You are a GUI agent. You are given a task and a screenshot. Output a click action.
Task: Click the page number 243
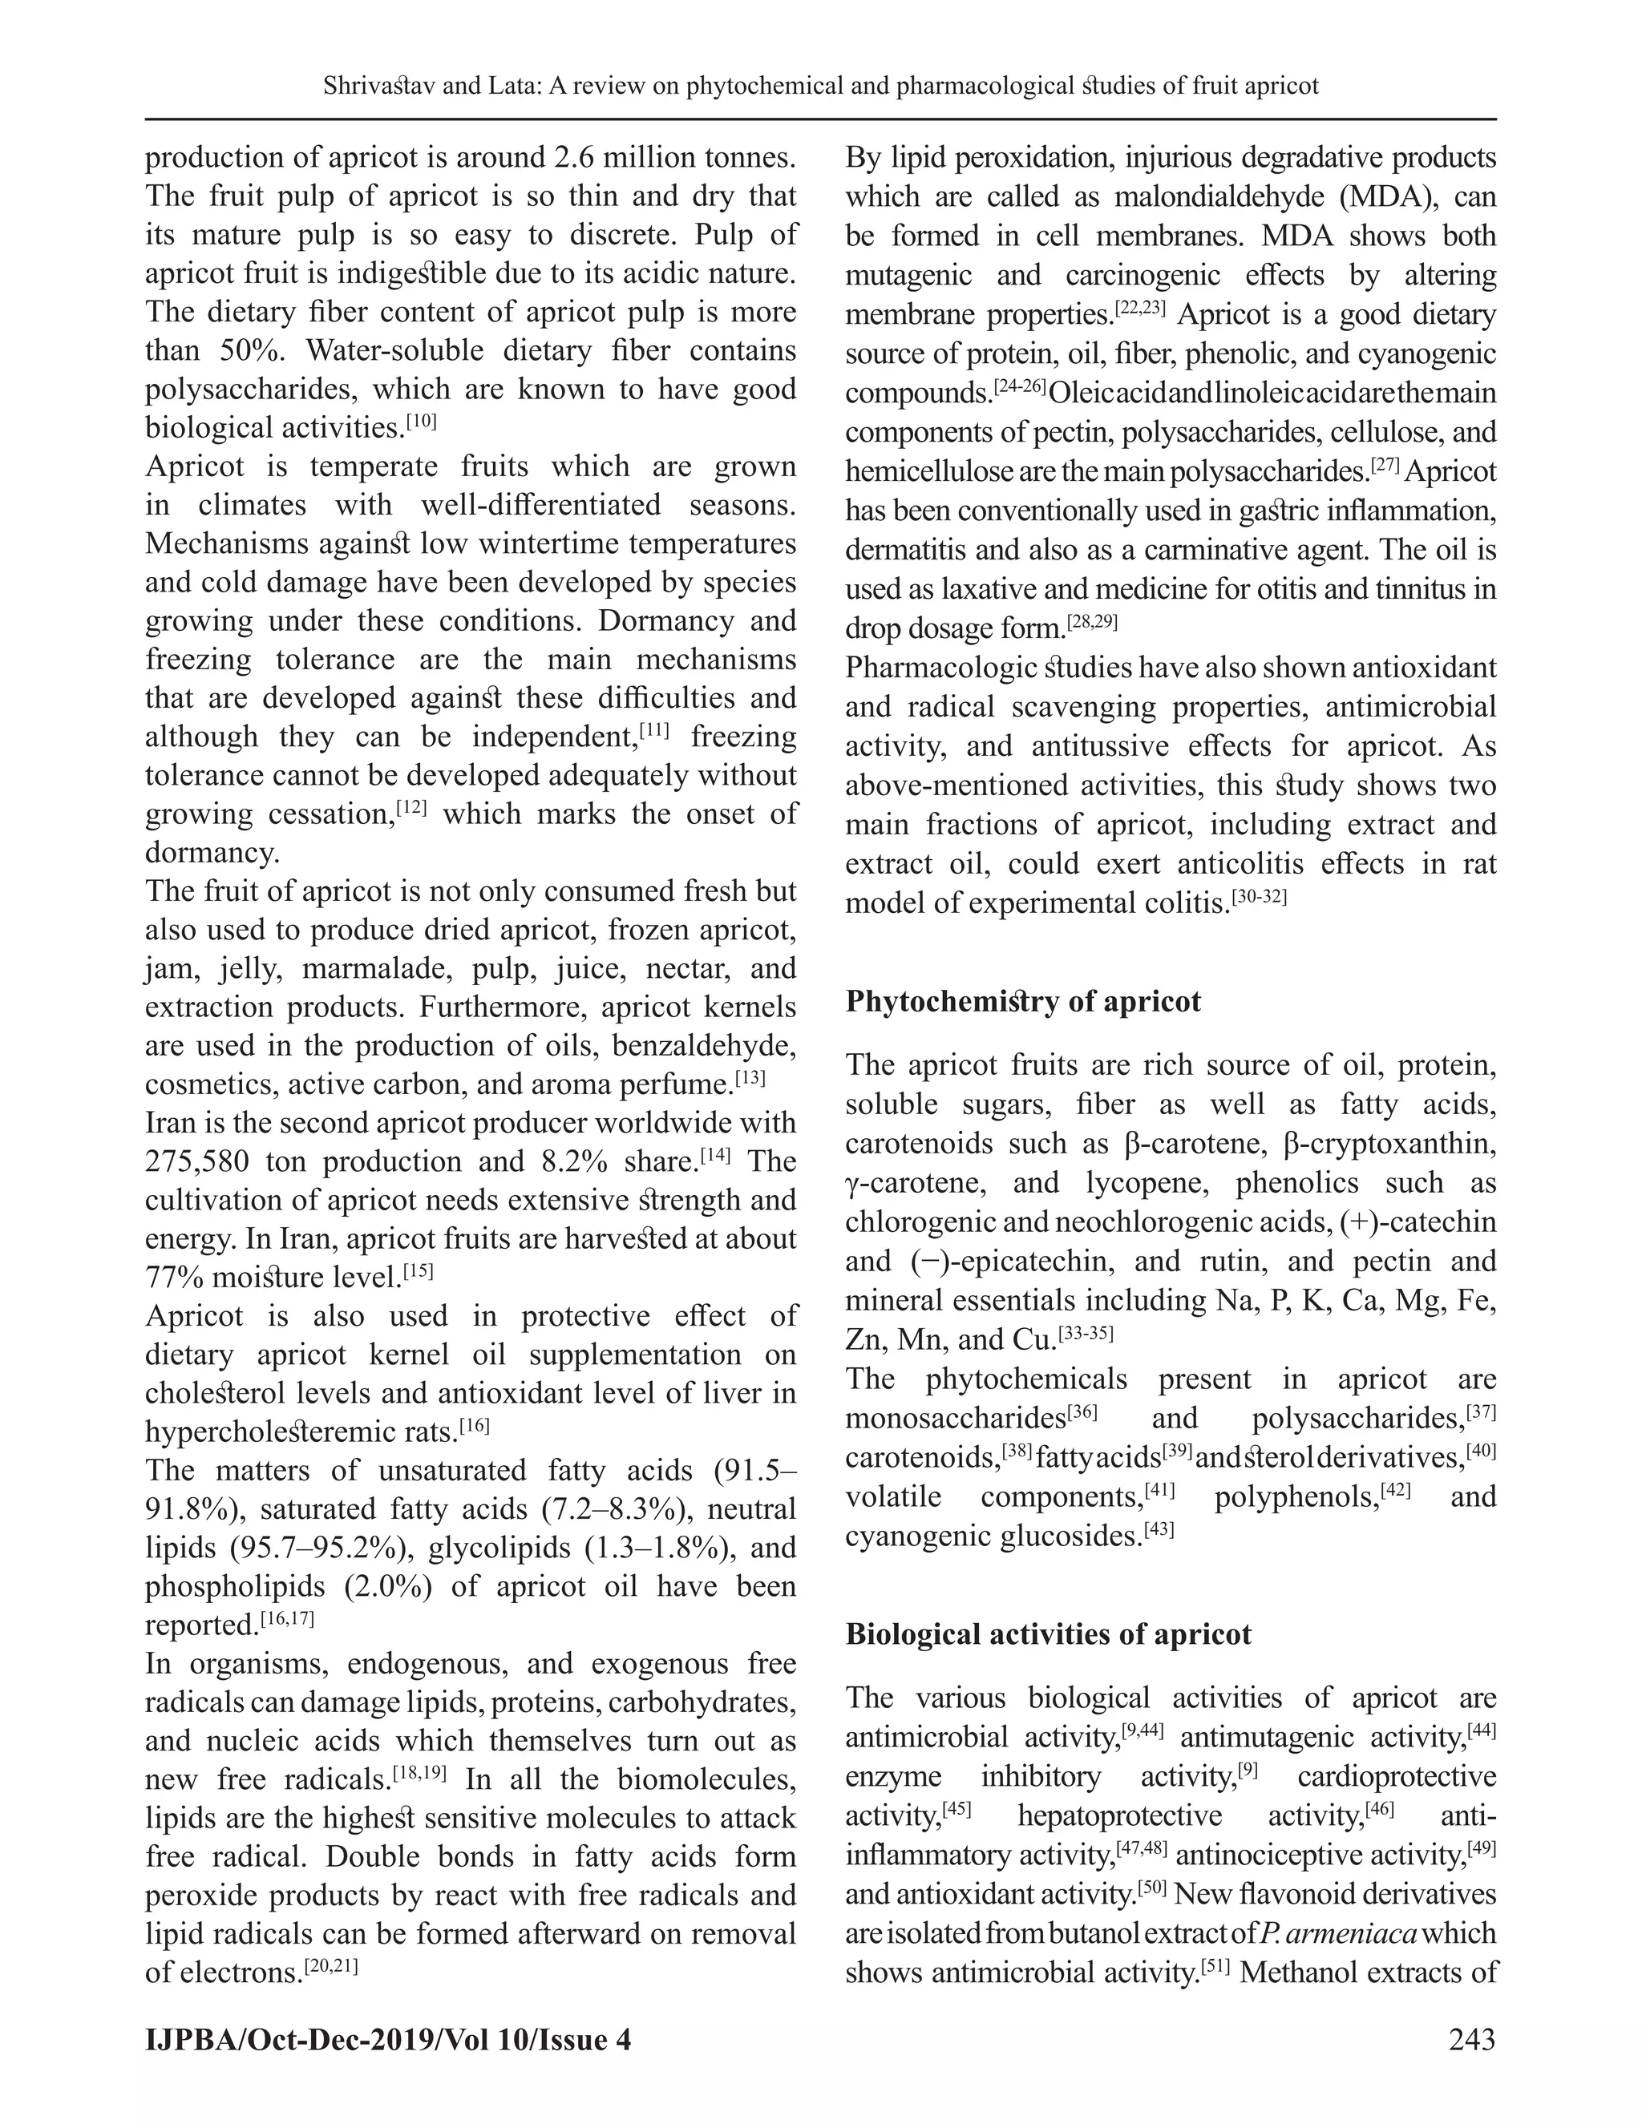pyautogui.click(x=1470, y=2038)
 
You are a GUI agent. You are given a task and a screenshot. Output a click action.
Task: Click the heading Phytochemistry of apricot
pyautogui.click(x=1022, y=1002)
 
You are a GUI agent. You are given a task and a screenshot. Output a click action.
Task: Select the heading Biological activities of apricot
pyautogui.click(x=1048, y=1633)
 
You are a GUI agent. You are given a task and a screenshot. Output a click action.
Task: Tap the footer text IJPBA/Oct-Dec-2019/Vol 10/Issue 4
pyautogui.click(x=388, y=2038)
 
